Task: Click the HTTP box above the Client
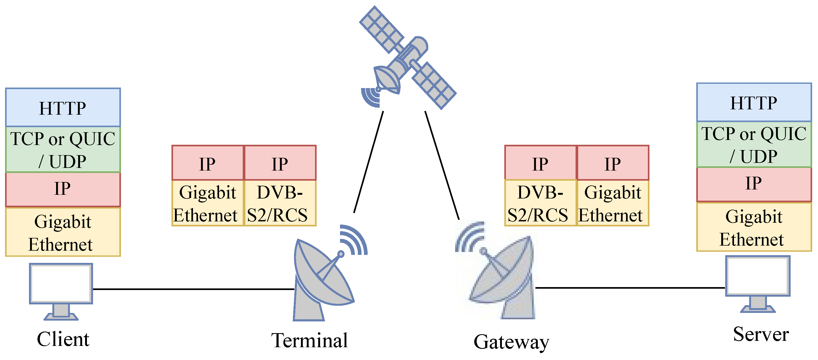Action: [x=63, y=107]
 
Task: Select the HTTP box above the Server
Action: [x=754, y=102]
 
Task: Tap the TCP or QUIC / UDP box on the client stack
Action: [x=63, y=150]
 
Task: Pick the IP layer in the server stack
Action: [x=754, y=184]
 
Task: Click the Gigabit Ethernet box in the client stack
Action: [x=63, y=232]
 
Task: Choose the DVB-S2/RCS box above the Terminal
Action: [x=279, y=203]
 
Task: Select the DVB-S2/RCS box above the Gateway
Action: [x=540, y=203]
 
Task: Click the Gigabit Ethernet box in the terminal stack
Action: [x=207, y=203]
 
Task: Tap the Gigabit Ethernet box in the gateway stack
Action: [x=613, y=203]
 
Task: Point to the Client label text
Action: [x=63, y=339]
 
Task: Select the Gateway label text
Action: [x=511, y=342]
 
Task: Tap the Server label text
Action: [x=761, y=334]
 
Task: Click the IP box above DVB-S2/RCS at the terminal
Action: [x=279, y=163]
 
